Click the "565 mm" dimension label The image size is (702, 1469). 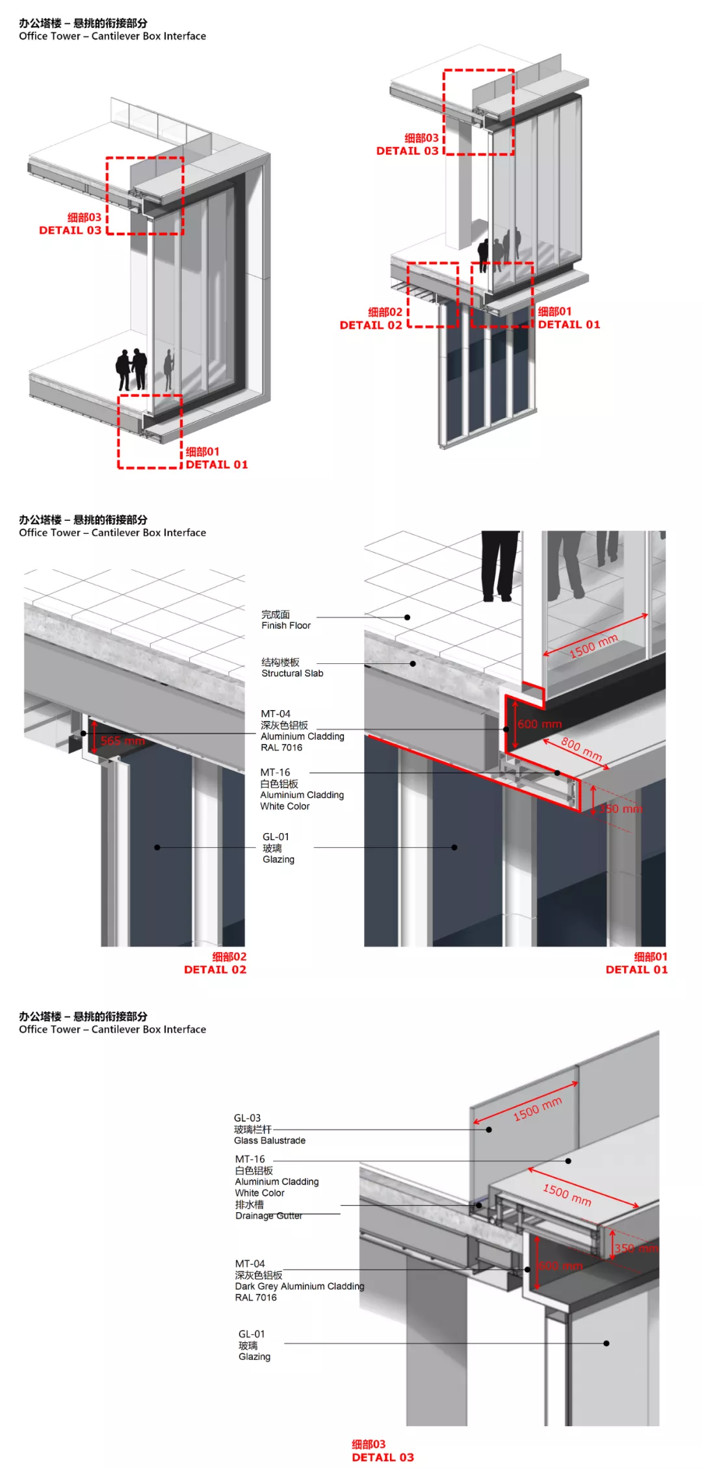[123, 741]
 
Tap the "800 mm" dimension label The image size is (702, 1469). [581, 749]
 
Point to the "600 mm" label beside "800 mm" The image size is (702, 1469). [539, 724]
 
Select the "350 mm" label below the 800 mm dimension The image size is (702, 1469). [621, 809]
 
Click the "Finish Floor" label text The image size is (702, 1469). [286, 626]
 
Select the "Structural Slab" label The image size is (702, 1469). [292, 674]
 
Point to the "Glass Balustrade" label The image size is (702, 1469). [270, 1141]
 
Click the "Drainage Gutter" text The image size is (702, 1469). [268, 1216]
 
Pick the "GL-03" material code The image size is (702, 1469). [247, 1118]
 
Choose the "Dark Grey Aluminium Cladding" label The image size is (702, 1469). [299, 1286]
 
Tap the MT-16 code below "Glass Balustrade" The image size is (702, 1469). [250, 1159]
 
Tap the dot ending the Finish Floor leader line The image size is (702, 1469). [408, 617]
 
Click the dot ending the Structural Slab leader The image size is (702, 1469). [413, 664]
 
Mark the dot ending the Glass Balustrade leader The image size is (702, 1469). [489, 1130]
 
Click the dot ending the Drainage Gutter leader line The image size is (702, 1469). [479, 1205]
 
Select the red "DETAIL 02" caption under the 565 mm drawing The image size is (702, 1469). [215, 970]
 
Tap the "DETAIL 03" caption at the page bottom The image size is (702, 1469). [383, 1457]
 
